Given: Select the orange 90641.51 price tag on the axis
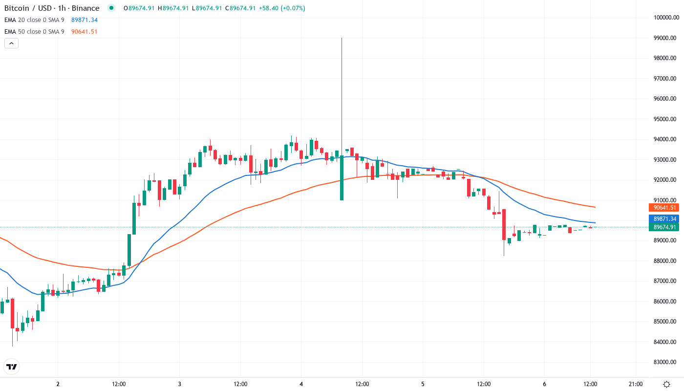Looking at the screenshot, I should coord(663,208).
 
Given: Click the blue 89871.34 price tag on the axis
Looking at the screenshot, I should coord(663,218).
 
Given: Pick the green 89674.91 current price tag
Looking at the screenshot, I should coord(663,227).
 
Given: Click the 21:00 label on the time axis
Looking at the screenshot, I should coord(636,384).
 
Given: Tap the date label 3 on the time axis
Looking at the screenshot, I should coord(180,384).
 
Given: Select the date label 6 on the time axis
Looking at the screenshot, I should coord(544,384).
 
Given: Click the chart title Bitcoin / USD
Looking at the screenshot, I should coord(29,8).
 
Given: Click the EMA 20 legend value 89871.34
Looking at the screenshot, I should coord(85,20).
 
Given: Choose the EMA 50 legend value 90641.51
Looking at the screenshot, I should coord(85,32).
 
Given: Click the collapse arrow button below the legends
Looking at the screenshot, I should coord(11,43).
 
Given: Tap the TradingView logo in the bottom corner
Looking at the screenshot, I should coord(11,367).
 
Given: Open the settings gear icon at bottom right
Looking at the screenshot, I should coord(666,384).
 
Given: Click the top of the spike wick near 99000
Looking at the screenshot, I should coord(342,38).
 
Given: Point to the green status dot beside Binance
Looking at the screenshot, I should coord(111,8).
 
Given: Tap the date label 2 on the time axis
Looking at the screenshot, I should coord(58,384).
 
